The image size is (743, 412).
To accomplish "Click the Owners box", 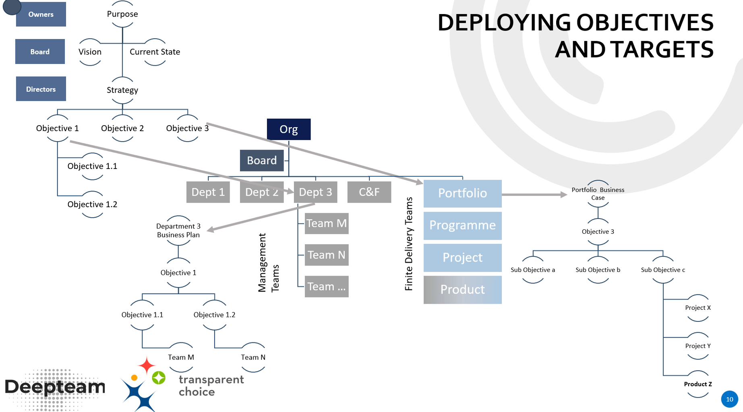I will click(41, 14).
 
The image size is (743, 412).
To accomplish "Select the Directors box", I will click(41, 89).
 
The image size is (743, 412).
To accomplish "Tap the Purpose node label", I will click(122, 14).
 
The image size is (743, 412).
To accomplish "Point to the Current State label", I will click(155, 52).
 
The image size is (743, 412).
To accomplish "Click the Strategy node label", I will click(122, 90).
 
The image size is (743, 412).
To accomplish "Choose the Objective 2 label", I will click(122, 128).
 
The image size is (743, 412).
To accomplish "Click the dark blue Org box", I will click(289, 129).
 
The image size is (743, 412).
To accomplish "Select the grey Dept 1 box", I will click(208, 192).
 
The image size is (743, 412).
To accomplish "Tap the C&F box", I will click(369, 192).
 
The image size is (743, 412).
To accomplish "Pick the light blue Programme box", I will click(462, 225).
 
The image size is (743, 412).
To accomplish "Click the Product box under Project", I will click(462, 290).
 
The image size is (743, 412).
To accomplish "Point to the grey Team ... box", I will click(326, 286).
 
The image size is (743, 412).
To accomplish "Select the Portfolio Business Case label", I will click(598, 194).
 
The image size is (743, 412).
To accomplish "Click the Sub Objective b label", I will click(598, 270).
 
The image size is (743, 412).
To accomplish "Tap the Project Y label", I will click(698, 346).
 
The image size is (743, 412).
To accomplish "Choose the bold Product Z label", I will click(698, 384).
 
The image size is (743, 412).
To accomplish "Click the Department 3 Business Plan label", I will click(178, 231).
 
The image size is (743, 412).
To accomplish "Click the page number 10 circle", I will click(729, 399).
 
